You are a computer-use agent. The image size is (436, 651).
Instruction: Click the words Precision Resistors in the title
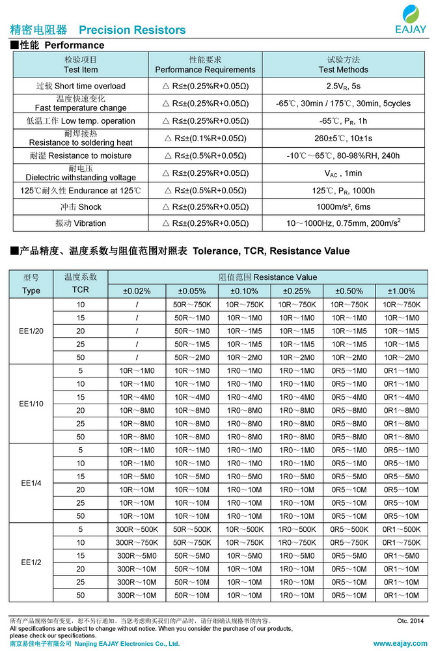coord(132,30)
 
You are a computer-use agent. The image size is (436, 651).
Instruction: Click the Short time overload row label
coord(81,86)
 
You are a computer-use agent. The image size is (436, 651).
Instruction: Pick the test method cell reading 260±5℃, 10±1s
coord(343,138)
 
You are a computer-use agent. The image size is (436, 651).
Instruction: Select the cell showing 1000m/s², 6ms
coord(343,207)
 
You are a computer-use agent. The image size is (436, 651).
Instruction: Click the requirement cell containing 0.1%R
coord(205,138)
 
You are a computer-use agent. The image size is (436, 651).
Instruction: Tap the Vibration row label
coord(81,223)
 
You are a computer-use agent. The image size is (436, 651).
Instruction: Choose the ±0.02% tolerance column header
coord(137,291)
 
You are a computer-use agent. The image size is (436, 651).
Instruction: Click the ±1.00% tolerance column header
coord(401,291)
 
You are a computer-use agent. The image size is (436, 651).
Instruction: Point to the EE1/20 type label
coord(31,331)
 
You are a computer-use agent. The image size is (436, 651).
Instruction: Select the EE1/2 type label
coord(31,562)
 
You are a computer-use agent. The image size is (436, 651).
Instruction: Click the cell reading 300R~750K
coord(137,542)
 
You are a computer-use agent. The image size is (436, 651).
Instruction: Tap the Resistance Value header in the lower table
coord(268,277)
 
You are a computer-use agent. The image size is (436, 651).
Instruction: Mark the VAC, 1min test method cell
coord(343,173)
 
